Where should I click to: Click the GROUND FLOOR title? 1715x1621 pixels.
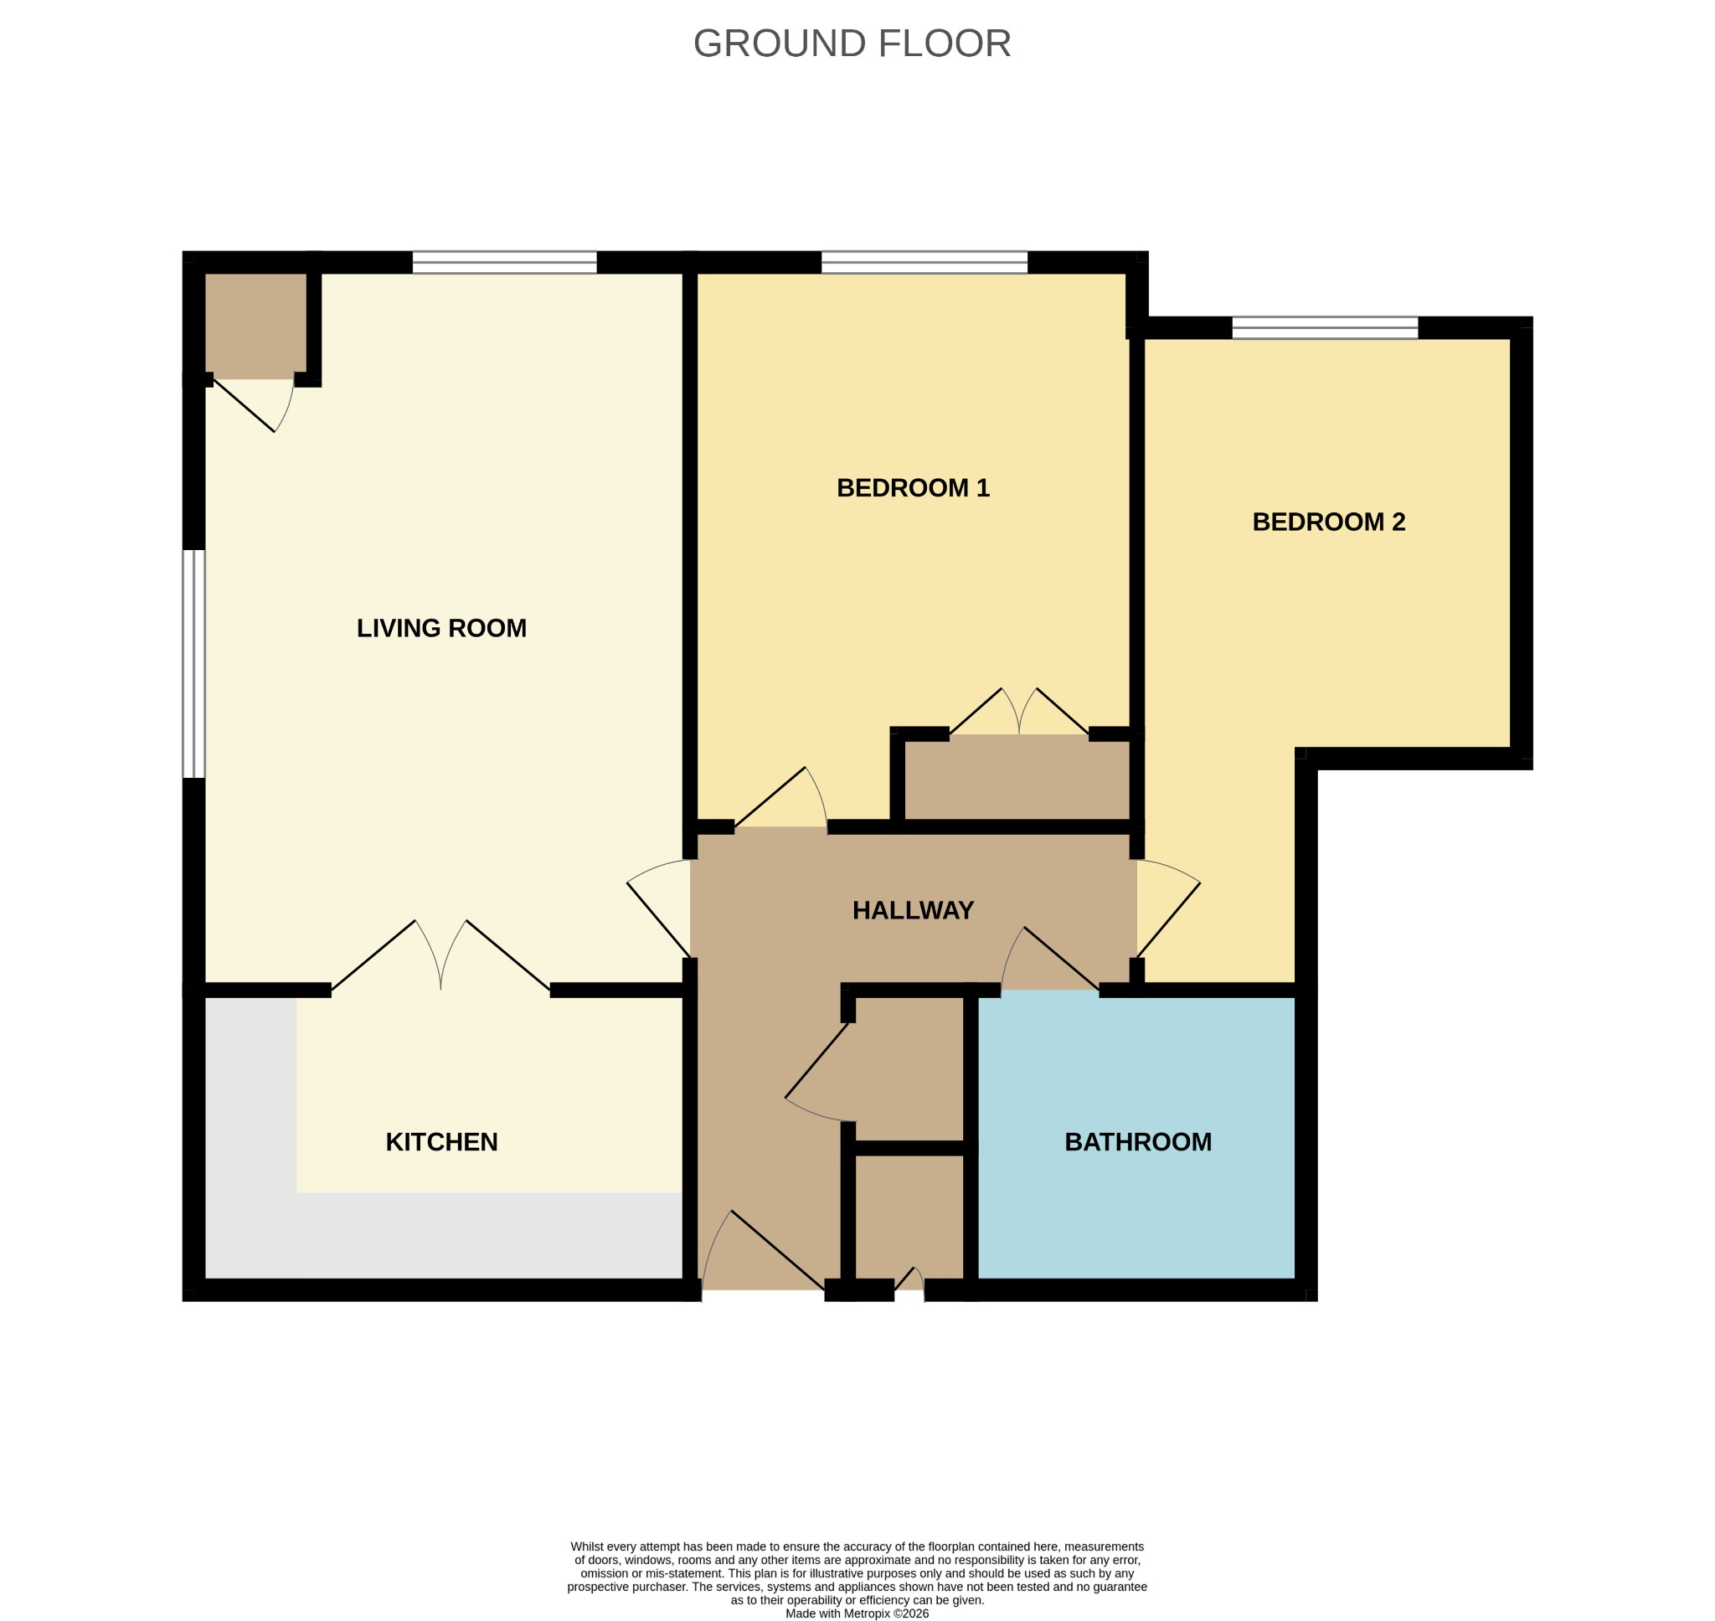[852, 44]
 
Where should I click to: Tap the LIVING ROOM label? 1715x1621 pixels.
[441, 628]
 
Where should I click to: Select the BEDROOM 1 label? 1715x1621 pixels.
[914, 488]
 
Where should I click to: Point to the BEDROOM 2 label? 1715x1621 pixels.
[1329, 522]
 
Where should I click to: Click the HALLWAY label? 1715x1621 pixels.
[914, 911]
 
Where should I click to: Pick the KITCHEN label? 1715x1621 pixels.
[441, 1142]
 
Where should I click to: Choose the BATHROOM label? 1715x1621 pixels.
[1138, 1142]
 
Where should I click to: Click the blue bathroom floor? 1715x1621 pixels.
[1136, 1210]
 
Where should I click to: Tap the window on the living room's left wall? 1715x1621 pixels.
[194, 664]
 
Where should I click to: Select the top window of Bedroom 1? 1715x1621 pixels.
[924, 262]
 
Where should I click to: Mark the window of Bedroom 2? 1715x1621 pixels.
[1325, 327]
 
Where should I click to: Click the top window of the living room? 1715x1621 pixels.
[505, 262]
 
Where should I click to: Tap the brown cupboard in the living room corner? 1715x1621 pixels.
[255, 326]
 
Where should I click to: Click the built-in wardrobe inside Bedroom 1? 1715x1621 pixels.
[1017, 777]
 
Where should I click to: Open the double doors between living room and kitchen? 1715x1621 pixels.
[440, 955]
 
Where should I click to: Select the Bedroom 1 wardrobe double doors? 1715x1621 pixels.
[1019, 711]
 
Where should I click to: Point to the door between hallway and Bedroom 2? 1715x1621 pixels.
[1168, 908]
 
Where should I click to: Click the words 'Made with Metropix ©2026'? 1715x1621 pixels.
[857, 1613]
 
